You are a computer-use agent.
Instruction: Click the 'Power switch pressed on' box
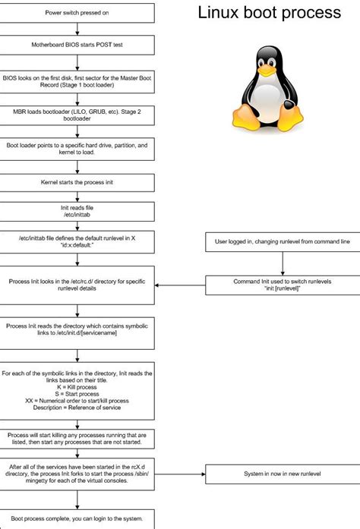tap(78, 12)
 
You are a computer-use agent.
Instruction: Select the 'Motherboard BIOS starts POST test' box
tap(78, 45)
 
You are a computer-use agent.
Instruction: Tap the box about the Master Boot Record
tap(78, 81)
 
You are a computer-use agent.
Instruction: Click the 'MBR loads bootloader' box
tap(78, 114)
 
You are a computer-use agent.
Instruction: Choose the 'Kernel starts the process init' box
tap(78, 182)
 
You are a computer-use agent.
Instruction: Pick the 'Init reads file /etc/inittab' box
tap(78, 211)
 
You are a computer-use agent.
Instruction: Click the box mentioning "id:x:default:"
tap(78, 241)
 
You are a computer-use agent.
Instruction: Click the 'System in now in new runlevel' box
tap(283, 474)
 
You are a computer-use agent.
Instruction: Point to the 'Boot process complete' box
tap(78, 518)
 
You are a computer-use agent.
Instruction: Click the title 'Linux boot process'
tap(270, 14)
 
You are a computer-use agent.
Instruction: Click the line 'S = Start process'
tap(78, 393)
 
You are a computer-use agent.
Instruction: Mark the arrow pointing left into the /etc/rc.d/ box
tap(181, 286)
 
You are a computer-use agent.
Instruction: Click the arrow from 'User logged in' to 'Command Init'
tap(283, 263)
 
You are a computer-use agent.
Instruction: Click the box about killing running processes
tap(78, 439)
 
